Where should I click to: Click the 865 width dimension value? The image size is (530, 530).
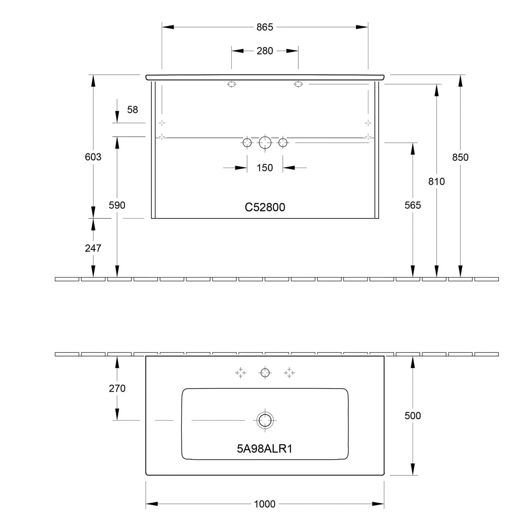[265, 27]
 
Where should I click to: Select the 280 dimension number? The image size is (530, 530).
[265, 51]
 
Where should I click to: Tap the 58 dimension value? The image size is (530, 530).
[132, 110]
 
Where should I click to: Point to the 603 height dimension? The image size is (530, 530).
[93, 157]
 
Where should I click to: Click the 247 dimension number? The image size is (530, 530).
[93, 248]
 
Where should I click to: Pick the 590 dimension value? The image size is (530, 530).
[117, 205]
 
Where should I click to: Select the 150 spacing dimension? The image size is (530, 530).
[265, 168]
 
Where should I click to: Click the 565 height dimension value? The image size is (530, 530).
[413, 205]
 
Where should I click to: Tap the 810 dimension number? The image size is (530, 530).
[436, 182]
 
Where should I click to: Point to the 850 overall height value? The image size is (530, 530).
[460, 157]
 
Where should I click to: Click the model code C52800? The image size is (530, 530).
[265, 207]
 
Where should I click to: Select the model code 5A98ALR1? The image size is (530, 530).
[265, 449]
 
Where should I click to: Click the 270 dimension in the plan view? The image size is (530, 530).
[117, 389]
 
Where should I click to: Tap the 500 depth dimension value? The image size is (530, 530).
[413, 416]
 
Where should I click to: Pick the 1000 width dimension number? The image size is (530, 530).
[265, 504]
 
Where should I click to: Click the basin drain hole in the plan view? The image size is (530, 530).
[265, 420]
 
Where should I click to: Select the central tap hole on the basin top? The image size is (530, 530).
[265, 372]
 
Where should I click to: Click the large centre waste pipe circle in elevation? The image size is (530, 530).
[265, 143]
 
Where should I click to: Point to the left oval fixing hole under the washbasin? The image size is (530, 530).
[231, 84]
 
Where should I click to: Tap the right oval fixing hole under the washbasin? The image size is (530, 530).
[298, 84]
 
